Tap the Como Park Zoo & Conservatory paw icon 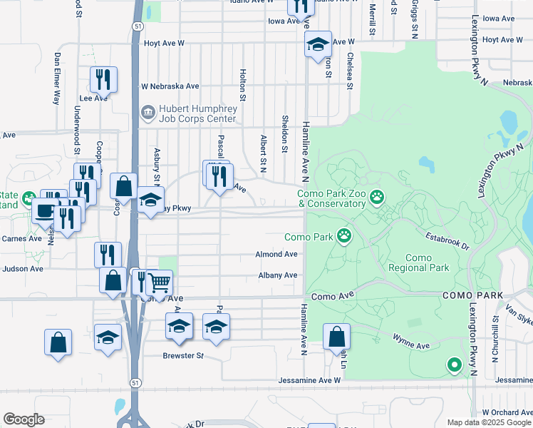[377, 196]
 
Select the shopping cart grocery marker [160, 282]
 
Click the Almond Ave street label [276, 254]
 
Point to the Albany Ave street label [277, 275]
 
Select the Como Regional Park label [419, 263]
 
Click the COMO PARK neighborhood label [472, 295]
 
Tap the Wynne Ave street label [413, 345]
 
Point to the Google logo [24, 419]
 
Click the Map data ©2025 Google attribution [489, 422]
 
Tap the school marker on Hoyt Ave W [318, 44]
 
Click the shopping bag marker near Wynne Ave [336, 337]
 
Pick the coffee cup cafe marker [46, 210]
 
